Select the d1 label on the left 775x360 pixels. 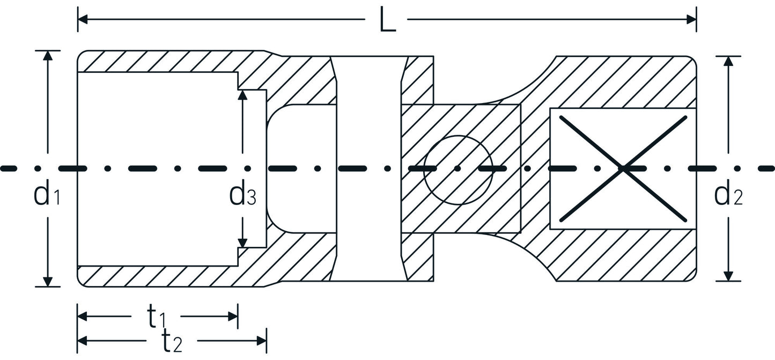[47, 194]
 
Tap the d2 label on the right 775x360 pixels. [728, 194]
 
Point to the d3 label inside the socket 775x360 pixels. [242, 194]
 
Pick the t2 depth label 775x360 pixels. [172, 341]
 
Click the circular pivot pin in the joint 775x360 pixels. [457, 170]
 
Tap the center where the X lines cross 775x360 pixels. [623, 168]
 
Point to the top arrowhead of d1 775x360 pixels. [48, 56]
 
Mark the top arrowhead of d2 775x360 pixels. [728, 61]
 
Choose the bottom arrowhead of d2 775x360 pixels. [728, 276]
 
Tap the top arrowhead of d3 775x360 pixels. [242, 95]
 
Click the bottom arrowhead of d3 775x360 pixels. [242, 243]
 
